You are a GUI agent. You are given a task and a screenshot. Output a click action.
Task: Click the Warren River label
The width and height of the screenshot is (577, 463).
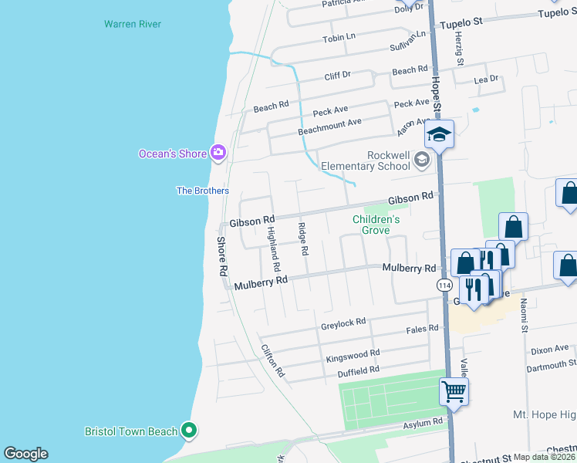(133, 24)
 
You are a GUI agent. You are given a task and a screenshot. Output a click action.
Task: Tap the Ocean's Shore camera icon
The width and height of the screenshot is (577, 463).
(218, 153)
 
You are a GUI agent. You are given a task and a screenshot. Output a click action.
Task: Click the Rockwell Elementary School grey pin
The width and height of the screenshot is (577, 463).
(422, 160)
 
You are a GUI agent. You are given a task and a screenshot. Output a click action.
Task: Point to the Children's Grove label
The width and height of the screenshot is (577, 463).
(376, 225)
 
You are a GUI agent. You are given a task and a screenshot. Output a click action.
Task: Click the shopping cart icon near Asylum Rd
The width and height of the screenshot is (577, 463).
(454, 391)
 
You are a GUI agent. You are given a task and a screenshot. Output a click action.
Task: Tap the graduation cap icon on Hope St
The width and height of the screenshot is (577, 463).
(439, 135)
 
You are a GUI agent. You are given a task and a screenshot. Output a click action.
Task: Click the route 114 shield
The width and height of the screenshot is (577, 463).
(444, 286)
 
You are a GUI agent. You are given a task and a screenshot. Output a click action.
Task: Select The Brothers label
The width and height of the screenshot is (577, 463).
(203, 191)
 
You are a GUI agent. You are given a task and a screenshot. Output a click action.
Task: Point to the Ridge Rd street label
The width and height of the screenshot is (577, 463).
(303, 239)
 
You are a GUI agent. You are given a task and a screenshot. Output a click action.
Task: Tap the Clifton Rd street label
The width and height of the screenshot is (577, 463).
(273, 360)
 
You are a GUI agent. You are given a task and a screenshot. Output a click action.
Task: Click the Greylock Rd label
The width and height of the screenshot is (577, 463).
(343, 323)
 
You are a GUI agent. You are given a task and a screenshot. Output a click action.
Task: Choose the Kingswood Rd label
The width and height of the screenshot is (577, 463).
(353, 354)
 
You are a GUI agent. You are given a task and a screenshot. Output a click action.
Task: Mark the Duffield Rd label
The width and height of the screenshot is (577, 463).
(359, 370)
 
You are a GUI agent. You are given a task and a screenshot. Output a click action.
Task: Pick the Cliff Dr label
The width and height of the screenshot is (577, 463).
(337, 76)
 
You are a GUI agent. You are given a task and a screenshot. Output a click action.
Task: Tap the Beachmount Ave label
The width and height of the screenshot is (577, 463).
(329, 125)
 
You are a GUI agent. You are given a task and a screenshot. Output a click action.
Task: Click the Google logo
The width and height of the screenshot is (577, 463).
(25, 454)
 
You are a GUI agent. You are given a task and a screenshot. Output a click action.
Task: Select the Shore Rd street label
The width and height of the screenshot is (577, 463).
(222, 257)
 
